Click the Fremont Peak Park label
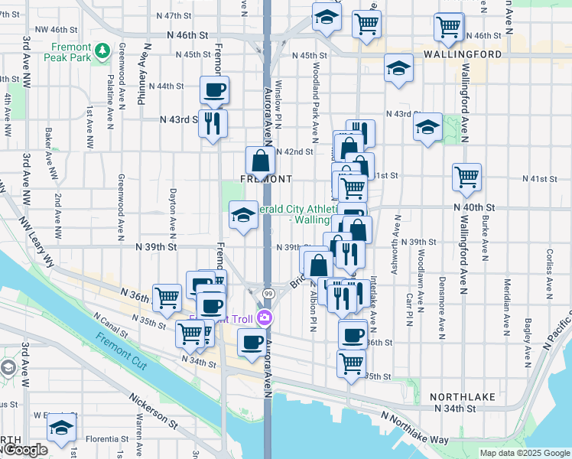[x=67, y=52]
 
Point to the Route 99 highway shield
[x=268, y=294]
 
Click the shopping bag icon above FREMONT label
[x=260, y=161]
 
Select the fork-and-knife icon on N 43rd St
[x=213, y=122]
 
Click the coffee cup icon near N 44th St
[x=214, y=90]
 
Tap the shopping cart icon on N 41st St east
[x=466, y=177]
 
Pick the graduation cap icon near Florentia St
[x=61, y=430]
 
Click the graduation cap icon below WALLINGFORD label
[x=398, y=68]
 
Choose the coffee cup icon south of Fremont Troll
[x=252, y=343]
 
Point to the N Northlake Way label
[x=416, y=427]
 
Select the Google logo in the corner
[x=24, y=451]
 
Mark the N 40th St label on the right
[x=474, y=207]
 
